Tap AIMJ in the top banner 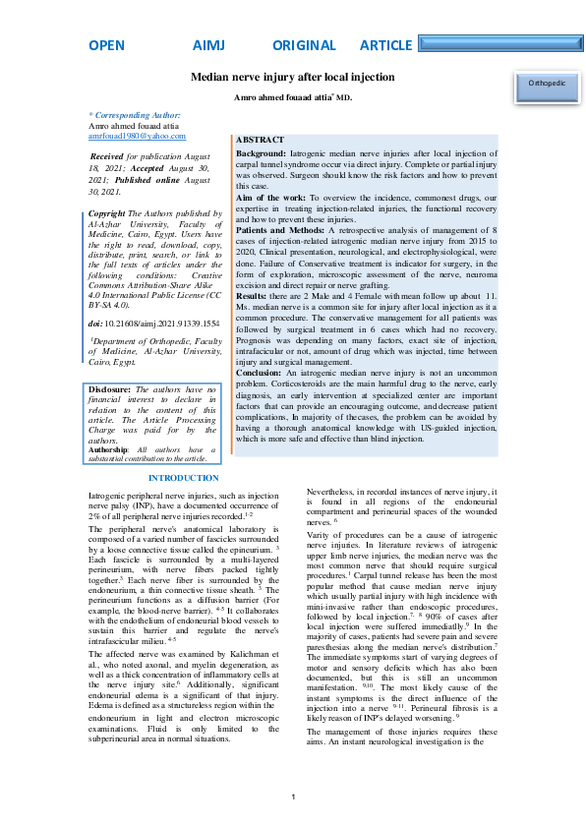click(x=208, y=46)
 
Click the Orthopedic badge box click(x=547, y=85)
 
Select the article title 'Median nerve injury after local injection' click(x=292, y=76)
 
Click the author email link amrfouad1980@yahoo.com click(x=137, y=137)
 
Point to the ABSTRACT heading click(x=261, y=141)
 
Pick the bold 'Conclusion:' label click(x=260, y=374)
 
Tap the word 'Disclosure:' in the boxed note click(x=109, y=390)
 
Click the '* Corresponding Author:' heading click(x=135, y=116)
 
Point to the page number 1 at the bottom click(x=293, y=797)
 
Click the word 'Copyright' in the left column click(x=107, y=213)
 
